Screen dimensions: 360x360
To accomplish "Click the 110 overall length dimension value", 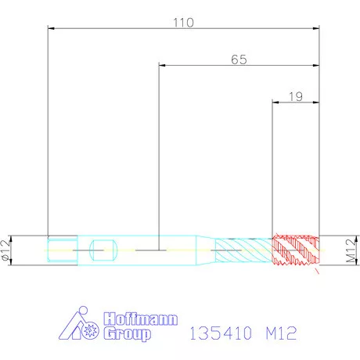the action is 184,23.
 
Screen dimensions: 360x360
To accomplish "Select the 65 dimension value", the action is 239,59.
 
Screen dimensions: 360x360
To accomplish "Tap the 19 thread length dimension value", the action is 296,97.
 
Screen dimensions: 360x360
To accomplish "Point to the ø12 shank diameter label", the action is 6,250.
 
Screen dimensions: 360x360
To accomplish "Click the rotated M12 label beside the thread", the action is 351,250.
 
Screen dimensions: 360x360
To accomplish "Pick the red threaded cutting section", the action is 296,250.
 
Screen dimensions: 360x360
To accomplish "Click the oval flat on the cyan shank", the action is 103,250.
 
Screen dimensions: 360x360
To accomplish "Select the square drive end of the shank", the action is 63,250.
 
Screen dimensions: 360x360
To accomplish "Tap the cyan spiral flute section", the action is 243,250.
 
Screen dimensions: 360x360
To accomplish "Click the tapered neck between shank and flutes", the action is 206,250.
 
